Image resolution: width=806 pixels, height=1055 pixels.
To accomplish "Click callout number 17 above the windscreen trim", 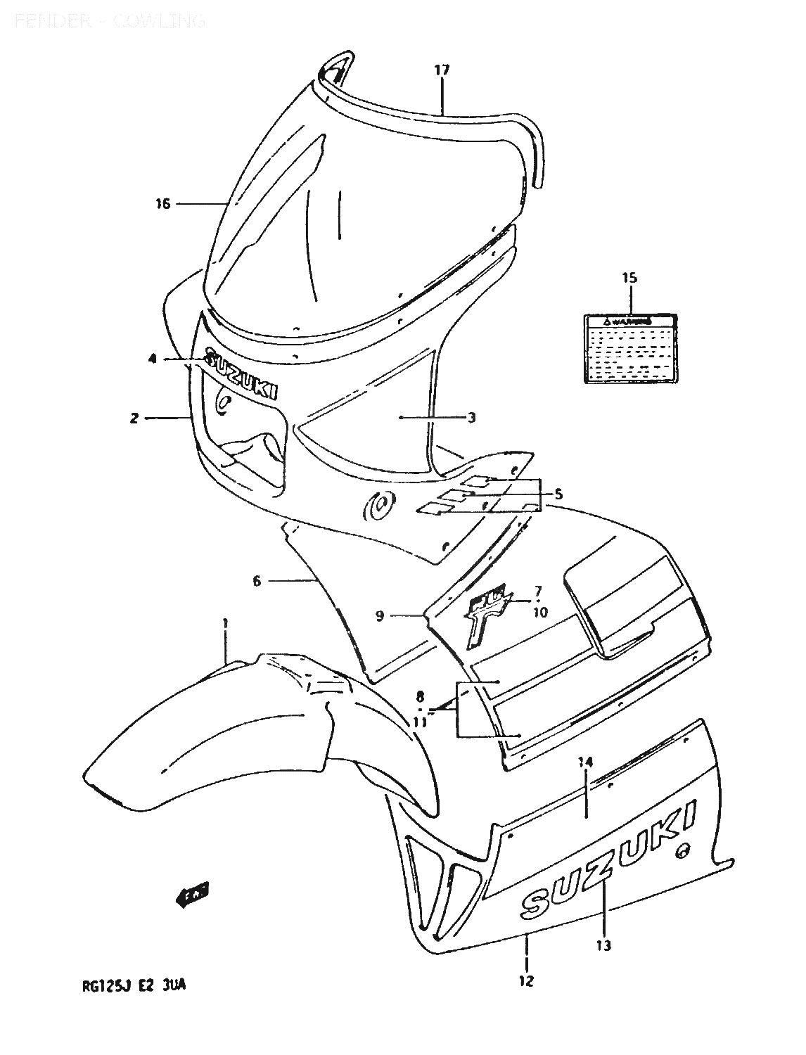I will point(441,70).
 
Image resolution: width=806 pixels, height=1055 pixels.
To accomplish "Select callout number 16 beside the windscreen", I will point(163,205).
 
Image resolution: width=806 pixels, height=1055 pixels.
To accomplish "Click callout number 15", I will point(629,278).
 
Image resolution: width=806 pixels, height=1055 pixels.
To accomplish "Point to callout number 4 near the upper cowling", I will point(153,359).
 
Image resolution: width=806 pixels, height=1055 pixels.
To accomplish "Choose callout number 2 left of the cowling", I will point(134,418).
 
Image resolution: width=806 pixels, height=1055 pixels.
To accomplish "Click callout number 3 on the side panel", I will point(471,418).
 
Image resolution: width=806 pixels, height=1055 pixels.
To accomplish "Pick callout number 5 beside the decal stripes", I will point(558,494).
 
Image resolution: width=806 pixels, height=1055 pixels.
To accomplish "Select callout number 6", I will point(257,581).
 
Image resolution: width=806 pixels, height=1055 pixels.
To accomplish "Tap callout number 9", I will point(380,616).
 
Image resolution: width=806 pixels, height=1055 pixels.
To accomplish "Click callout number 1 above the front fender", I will point(225,622).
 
